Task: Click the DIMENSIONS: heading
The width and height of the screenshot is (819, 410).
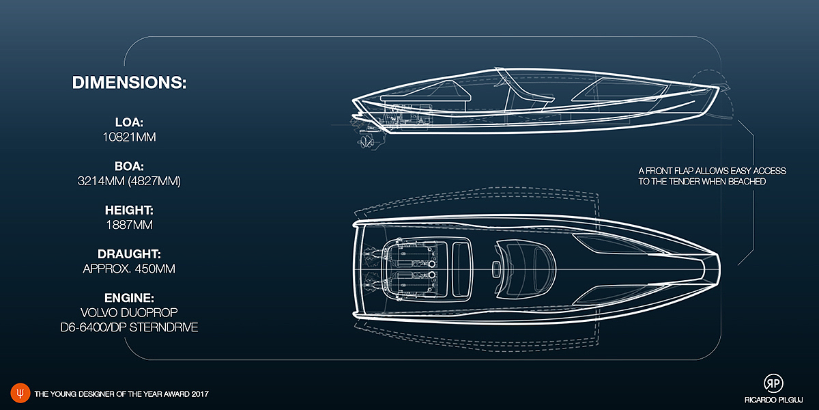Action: (130, 83)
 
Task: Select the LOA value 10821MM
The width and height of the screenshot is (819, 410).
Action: (129, 137)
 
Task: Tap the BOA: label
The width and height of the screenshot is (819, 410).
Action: (129, 165)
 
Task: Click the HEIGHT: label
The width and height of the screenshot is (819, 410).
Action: (129, 210)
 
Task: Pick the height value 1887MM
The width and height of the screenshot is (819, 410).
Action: (129, 224)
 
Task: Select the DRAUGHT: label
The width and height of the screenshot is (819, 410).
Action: (129, 254)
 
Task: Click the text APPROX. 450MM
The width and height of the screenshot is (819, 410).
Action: (129, 269)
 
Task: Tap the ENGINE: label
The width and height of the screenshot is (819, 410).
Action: (129, 298)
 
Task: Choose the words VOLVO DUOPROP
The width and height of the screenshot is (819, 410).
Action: (129, 313)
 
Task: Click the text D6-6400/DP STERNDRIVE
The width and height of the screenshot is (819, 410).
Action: (129, 328)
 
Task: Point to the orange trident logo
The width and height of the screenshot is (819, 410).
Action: (20, 393)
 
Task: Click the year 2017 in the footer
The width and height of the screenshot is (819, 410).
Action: (197, 394)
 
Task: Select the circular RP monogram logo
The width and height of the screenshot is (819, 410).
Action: (773, 383)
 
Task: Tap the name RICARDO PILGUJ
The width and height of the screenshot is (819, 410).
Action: (773, 401)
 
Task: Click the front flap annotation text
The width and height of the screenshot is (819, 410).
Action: (712, 176)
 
